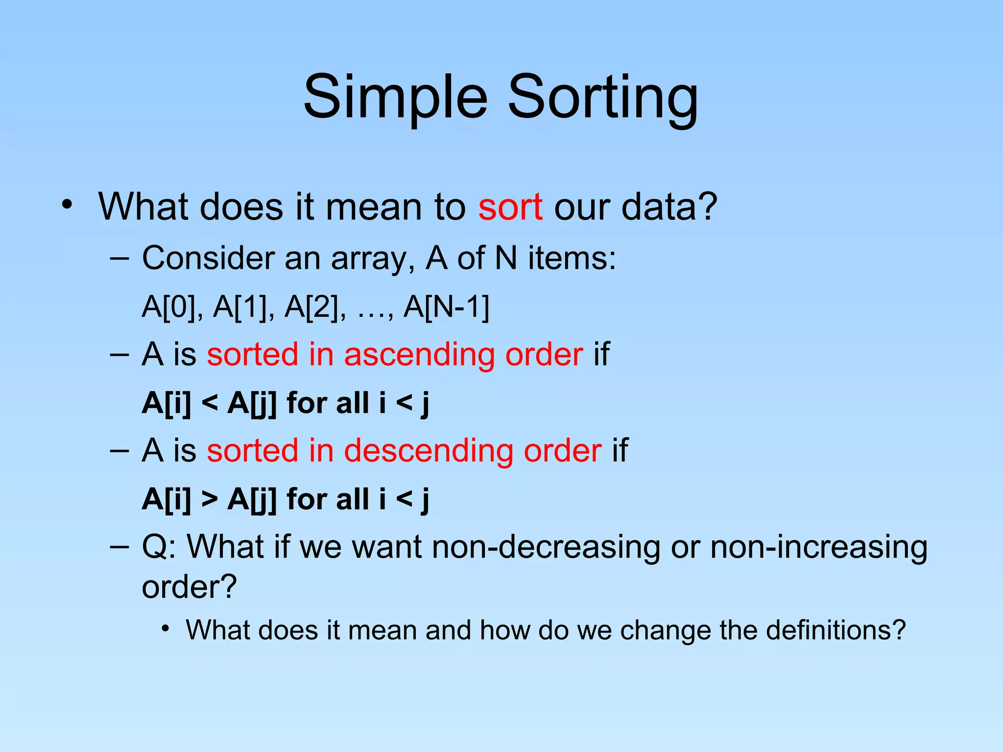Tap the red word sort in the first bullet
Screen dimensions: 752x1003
tap(510, 207)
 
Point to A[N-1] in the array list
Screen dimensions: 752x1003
tap(446, 307)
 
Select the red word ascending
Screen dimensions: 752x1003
tap(419, 354)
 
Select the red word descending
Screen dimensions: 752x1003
tap(429, 450)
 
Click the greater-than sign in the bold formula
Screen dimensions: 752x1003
tap(209, 499)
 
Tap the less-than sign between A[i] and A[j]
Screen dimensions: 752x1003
tap(209, 403)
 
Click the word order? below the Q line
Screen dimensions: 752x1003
tap(189, 587)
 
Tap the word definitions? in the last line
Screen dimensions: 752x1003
tap(836, 630)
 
